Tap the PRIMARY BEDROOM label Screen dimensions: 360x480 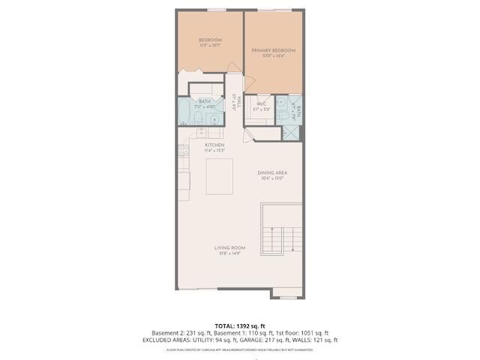[x=273, y=50]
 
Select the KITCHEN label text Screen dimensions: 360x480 [x=215, y=145]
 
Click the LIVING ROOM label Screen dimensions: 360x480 [x=229, y=247]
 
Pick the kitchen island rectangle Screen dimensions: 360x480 [x=219, y=175]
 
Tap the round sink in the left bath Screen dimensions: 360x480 [x=214, y=119]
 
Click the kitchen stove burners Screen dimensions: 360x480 [x=182, y=152]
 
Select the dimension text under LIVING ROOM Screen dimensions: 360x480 [x=229, y=253]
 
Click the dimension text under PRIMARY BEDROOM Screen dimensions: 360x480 [x=273, y=56]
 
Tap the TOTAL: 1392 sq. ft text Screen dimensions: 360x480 [x=239, y=325]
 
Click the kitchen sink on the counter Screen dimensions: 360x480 [x=201, y=133]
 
